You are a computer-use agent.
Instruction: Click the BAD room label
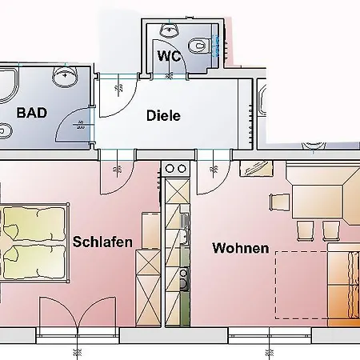click(x=30, y=112)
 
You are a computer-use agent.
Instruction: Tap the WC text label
click(x=168, y=57)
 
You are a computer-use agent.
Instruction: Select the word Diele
click(x=163, y=116)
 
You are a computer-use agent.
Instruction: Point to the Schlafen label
click(x=102, y=241)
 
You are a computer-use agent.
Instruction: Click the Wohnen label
click(x=240, y=248)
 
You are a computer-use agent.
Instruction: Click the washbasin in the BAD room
click(x=64, y=76)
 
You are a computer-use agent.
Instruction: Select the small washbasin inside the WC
click(x=169, y=30)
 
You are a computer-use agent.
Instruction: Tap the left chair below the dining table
click(x=306, y=230)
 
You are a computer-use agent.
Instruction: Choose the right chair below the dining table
click(x=330, y=230)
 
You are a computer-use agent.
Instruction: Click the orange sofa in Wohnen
click(x=345, y=284)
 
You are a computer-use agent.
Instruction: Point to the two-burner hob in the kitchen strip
click(x=176, y=170)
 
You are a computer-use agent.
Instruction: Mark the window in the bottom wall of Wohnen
click(x=268, y=332)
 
